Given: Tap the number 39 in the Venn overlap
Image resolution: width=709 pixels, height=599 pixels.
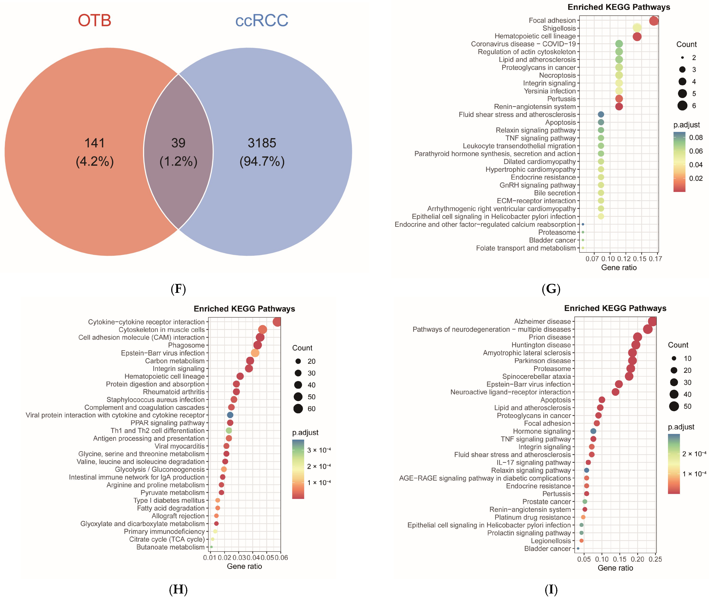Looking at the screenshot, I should [x=178, y=143].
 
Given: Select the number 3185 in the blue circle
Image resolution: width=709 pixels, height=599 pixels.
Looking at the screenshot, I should [x=262, y=143].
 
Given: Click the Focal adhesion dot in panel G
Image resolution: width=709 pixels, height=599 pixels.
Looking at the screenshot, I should [x=654, y=21].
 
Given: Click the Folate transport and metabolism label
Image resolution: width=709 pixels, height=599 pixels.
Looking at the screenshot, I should [x=526, y=248].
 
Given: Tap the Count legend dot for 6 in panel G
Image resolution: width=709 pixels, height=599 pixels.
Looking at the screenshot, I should [x=682, y=106].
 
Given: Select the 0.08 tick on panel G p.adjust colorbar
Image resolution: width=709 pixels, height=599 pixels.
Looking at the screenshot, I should [x=696, y=138].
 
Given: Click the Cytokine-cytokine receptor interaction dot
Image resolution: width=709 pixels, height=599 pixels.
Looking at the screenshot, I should [x=277, y=322].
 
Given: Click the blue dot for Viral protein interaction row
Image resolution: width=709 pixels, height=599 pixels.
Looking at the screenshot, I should [x=230, y=415].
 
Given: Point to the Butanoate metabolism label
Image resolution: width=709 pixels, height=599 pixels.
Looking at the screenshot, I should [x=170, y=547].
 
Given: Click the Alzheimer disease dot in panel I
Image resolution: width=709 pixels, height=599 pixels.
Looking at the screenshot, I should [x=652, y=321].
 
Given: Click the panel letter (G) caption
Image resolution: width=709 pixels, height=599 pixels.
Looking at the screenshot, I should [x=551, y=289].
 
